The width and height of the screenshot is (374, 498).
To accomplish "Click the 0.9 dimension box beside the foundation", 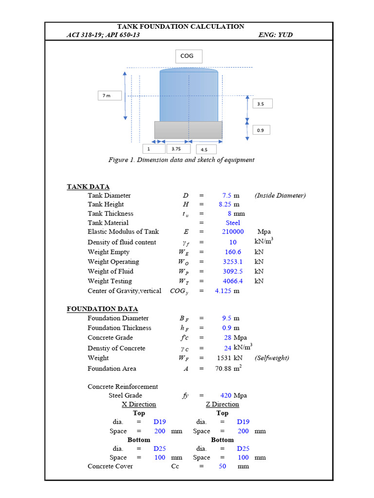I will coord(262,130).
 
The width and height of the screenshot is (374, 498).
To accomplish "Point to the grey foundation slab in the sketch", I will coord(188,130).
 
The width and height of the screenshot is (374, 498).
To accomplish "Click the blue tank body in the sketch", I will coord(189,96).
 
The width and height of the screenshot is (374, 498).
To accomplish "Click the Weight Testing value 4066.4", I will coord(233,281).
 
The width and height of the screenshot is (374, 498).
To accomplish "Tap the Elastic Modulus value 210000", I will coord(233,231).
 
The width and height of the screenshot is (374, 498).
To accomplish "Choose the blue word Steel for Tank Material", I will coord(233,223).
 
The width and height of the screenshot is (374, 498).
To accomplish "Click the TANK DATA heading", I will coord(88,187).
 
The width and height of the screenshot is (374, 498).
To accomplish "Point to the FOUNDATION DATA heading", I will coord(102,309).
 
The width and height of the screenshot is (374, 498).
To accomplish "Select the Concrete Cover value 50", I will coord(223,466).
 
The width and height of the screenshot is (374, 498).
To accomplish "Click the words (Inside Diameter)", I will coord(280,196).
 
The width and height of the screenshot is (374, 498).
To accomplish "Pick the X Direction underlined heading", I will coord(139,404).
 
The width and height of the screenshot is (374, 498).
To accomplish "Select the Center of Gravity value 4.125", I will coord(223,291).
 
